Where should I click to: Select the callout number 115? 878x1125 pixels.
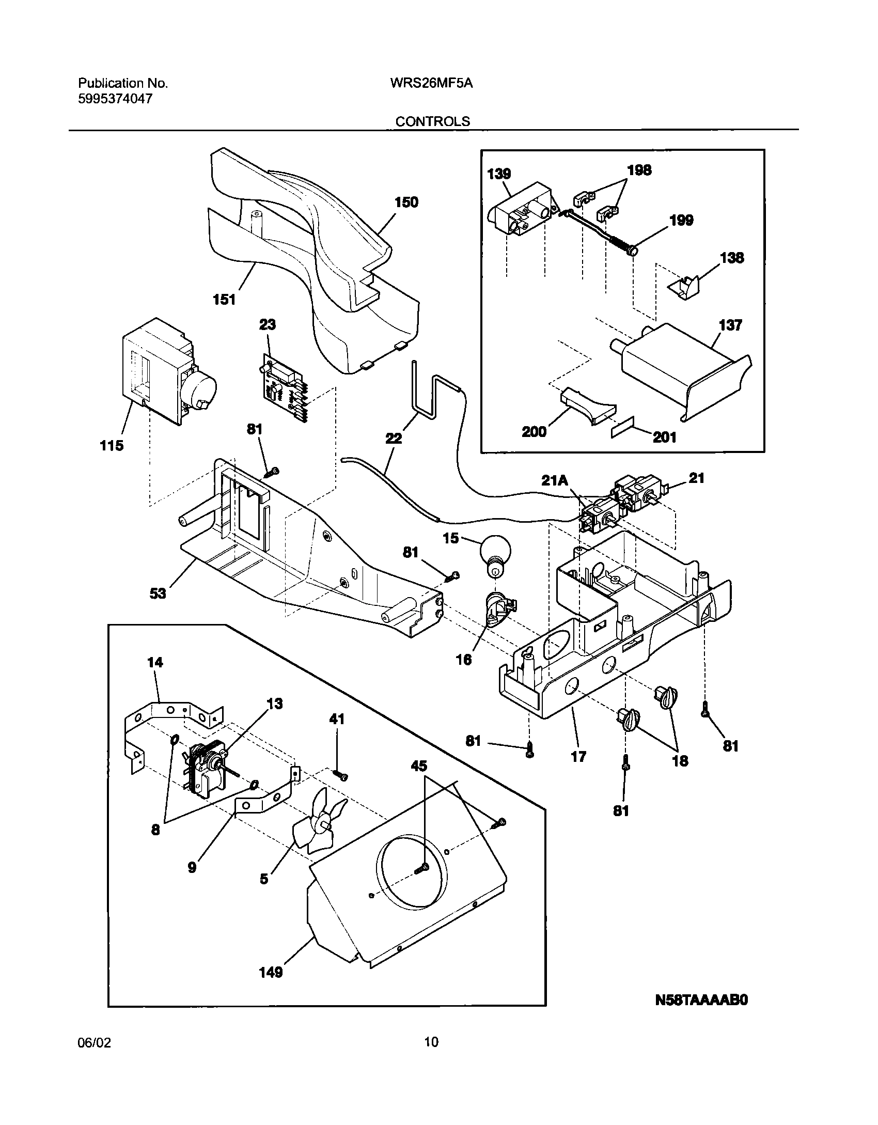[112, 445]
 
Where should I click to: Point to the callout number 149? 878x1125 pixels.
[271, 972]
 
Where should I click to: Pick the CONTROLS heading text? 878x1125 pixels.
[433, 121]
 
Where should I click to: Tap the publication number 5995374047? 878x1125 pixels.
[115, 99]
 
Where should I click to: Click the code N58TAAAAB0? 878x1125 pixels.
[701, 1000]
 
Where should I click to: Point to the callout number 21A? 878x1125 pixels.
[555, 481]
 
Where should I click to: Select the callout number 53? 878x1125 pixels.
[158, 593]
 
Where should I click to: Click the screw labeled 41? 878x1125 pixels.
[341, 775]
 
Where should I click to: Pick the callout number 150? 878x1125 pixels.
[406, 202]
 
